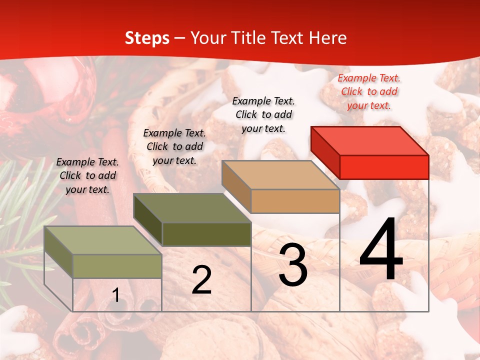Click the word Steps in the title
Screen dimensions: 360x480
coord(146,38)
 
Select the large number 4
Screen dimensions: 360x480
coord(381,250)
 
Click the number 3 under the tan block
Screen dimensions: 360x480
coord(293,265)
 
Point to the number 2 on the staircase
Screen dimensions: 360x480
coord(201,280)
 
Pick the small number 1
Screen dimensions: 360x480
coord(116,295)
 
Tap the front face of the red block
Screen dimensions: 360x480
coord(384,167)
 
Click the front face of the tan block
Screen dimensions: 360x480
coord(295,201)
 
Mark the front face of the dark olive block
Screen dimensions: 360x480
coord(206,234)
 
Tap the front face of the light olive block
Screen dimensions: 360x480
coord(117,266)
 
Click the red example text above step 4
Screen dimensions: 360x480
coord(369,91)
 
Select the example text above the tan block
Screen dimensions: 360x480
coord(263,114)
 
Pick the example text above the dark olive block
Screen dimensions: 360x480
coord(174,146)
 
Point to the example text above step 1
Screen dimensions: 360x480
coord(87,175)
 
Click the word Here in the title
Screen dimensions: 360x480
coord(326,38)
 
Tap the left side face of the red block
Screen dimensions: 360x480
coord(325,152)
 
